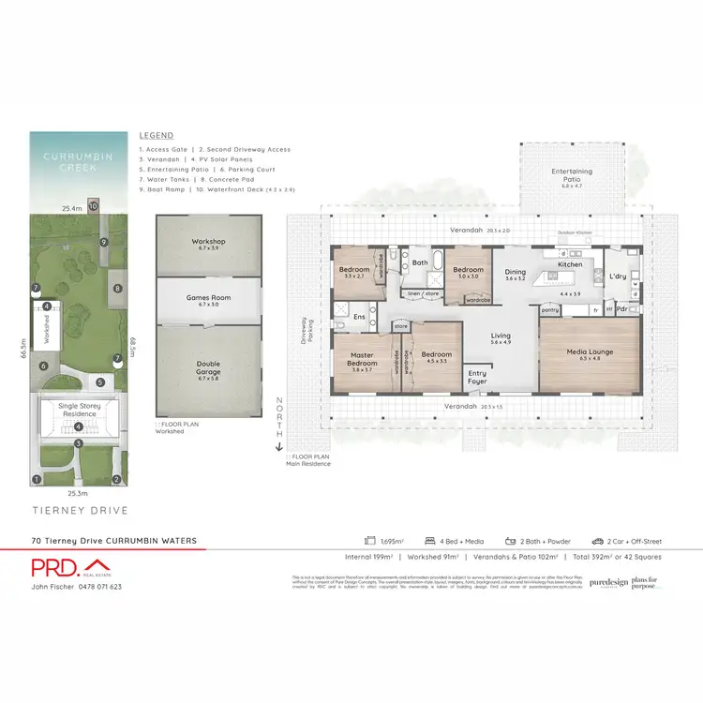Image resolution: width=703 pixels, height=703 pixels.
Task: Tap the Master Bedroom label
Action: (x=362, y=360)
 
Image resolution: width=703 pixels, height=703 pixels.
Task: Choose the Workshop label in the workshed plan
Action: (x=209, y=242)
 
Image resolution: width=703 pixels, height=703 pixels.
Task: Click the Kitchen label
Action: (x=570, y=264)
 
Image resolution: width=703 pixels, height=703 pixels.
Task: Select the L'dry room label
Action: (x=617, y=277)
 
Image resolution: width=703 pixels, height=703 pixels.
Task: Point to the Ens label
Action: (x=359, y=317)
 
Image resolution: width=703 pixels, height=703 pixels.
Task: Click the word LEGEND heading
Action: (x=156, y=135)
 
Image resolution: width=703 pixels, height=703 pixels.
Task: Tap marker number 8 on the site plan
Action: (x=118, y=289)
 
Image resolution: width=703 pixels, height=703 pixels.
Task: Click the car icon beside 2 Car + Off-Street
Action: (x=596, y=542)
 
